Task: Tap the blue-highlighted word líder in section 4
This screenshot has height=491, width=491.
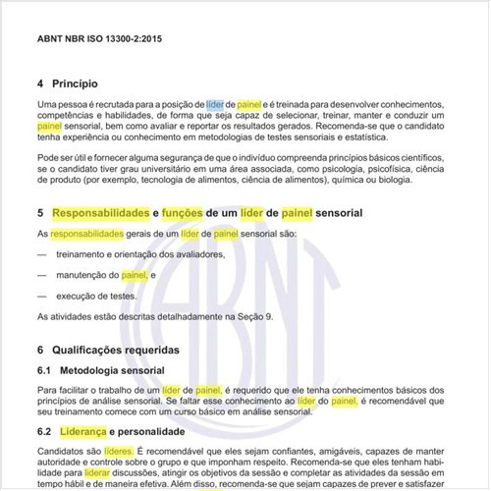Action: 215,103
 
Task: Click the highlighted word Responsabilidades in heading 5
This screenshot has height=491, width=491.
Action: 98,212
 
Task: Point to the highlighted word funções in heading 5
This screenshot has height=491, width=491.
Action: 187,212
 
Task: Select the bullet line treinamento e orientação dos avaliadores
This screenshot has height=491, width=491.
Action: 139,253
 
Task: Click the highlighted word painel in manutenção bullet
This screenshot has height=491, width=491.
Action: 134,275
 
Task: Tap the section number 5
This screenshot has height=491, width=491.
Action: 40,212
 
